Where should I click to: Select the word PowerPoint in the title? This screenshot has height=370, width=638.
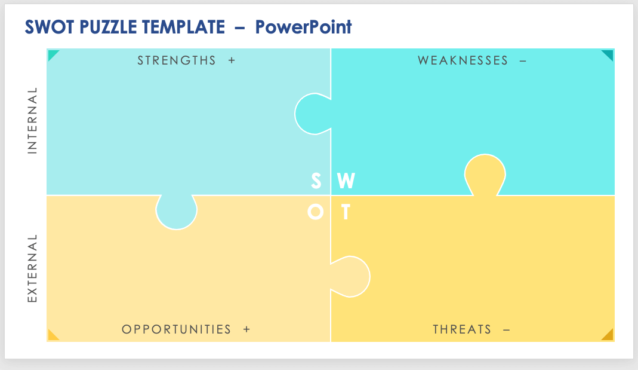point(303,27)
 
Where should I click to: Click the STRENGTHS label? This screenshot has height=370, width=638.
point(177,60)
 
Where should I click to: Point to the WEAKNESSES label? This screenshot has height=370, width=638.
point(463,60)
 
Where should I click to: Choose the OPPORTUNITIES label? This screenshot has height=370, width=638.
point(176,329)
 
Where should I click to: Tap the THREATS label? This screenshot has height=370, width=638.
point(462,329)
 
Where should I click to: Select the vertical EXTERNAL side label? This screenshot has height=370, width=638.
point(32,267)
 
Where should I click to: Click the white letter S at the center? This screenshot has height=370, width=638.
point(316,181)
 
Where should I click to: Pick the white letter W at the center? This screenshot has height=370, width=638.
point(346,181)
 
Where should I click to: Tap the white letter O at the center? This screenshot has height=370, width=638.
point(316,212)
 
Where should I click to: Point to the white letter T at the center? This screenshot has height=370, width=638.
point(345,212)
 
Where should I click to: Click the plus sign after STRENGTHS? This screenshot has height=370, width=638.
point(232,60)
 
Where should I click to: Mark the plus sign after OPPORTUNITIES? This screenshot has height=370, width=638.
point(246,329)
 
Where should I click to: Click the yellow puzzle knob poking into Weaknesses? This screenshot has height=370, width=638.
point(485,173)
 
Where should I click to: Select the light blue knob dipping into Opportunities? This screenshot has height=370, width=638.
point(176,212)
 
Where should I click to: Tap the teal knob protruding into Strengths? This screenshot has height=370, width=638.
point(312,113)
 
